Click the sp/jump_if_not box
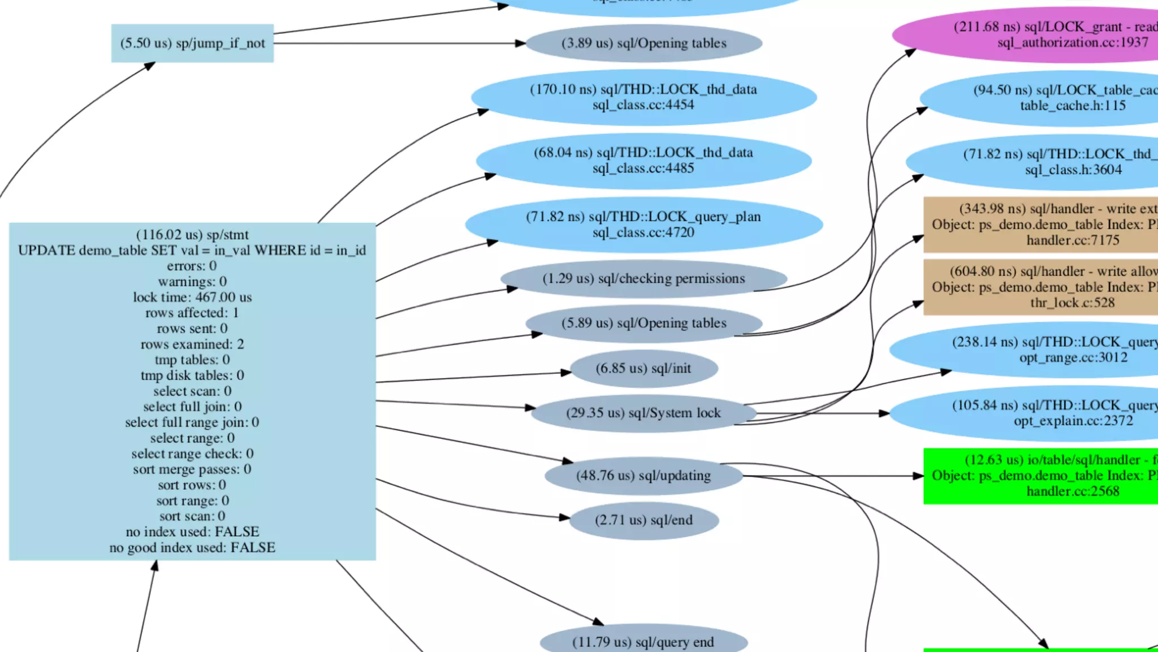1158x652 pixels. pos(192,43)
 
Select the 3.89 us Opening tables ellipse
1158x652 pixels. pos(643,43)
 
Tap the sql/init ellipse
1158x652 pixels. pos(643,369)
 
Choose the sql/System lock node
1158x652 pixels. pos(643,413)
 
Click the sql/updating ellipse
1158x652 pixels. pos(643,476)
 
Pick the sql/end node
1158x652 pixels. pos(643,520)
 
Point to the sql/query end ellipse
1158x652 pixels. pos(643,642)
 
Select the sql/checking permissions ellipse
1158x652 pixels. pos(643,279)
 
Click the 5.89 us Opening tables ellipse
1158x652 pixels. pos(643,323)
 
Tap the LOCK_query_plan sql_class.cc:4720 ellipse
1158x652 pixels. pos(643,224)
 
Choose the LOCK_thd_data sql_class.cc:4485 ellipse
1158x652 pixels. pos(643,161)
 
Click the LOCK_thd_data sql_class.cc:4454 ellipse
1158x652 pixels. pos(643,97)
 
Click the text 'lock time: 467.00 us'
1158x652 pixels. pos(192,297)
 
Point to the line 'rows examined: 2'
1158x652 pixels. pos(192,344)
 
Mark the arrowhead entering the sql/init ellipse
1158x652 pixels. pos(566,373)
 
